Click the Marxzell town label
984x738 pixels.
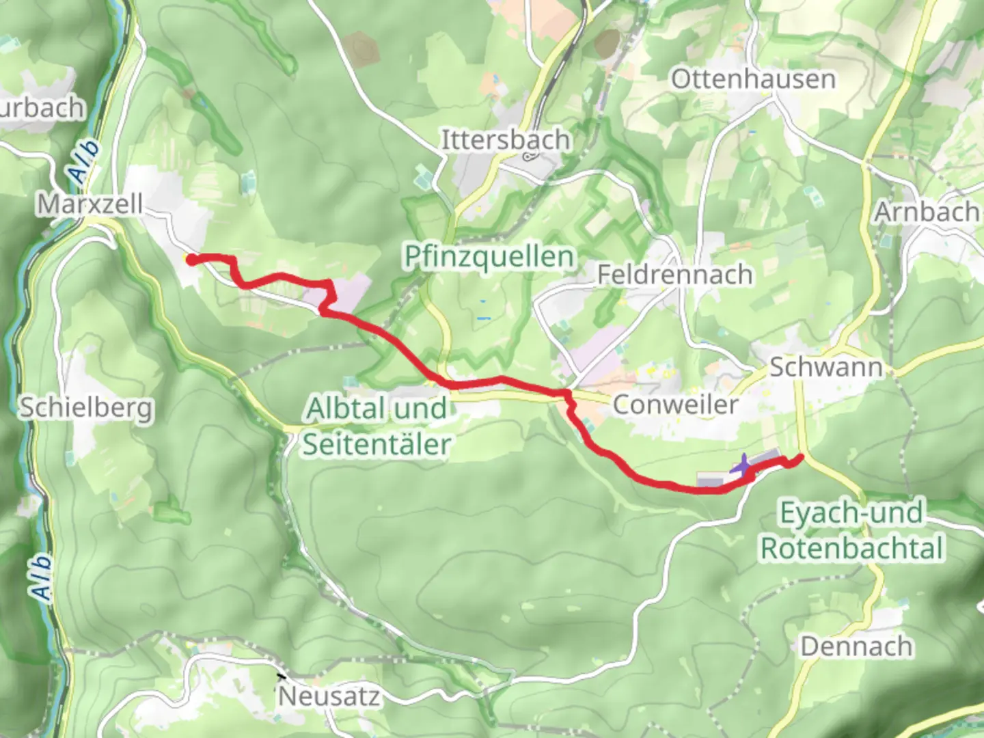pos(90,204)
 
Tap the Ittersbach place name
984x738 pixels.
pos(505,139)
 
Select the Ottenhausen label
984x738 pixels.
pos(753,79)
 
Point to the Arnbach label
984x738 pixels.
pos(927,211)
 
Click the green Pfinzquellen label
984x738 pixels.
pos(489,257)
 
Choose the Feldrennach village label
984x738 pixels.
pos(675,274)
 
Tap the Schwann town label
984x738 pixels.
pos(826,367)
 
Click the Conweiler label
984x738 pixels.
pos(675,404)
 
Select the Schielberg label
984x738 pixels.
pos(85,407)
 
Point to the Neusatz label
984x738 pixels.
pos(329,696)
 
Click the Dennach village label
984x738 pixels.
pos(856,646)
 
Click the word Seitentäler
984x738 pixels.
pos(377,444)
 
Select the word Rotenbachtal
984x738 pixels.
pos(852,548)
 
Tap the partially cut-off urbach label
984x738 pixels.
pos(42,108)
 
